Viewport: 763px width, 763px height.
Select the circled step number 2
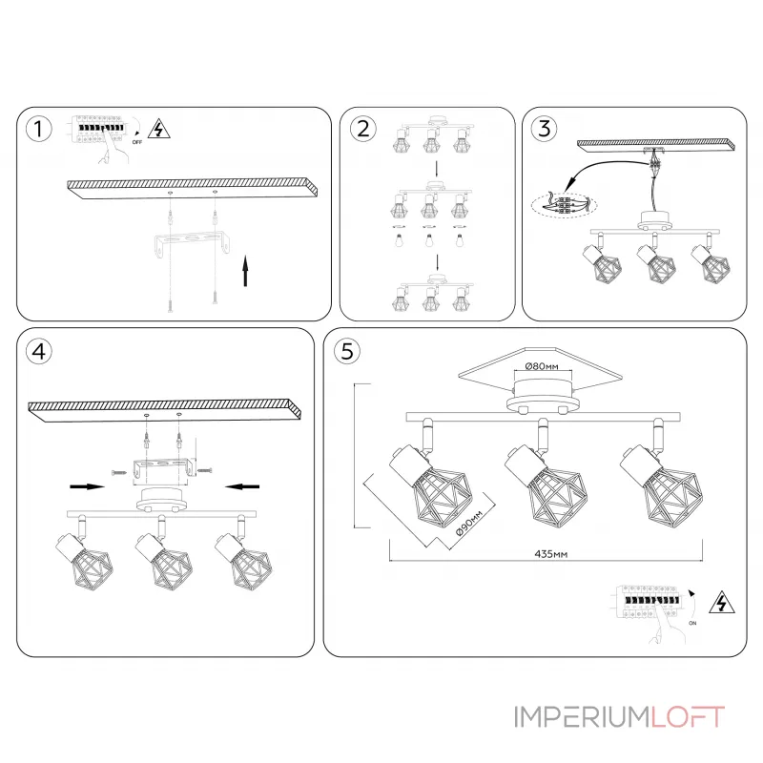(361, 129)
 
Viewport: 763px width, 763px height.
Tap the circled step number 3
(543, 129)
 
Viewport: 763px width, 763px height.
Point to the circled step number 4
(38, 351)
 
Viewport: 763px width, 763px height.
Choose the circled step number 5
(345, 351)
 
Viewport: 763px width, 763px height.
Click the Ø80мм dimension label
(541, 366)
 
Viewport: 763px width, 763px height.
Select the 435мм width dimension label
(552, 553)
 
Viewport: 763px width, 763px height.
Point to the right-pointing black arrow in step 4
(87, 485)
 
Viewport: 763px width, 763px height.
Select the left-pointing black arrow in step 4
(243, 485)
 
